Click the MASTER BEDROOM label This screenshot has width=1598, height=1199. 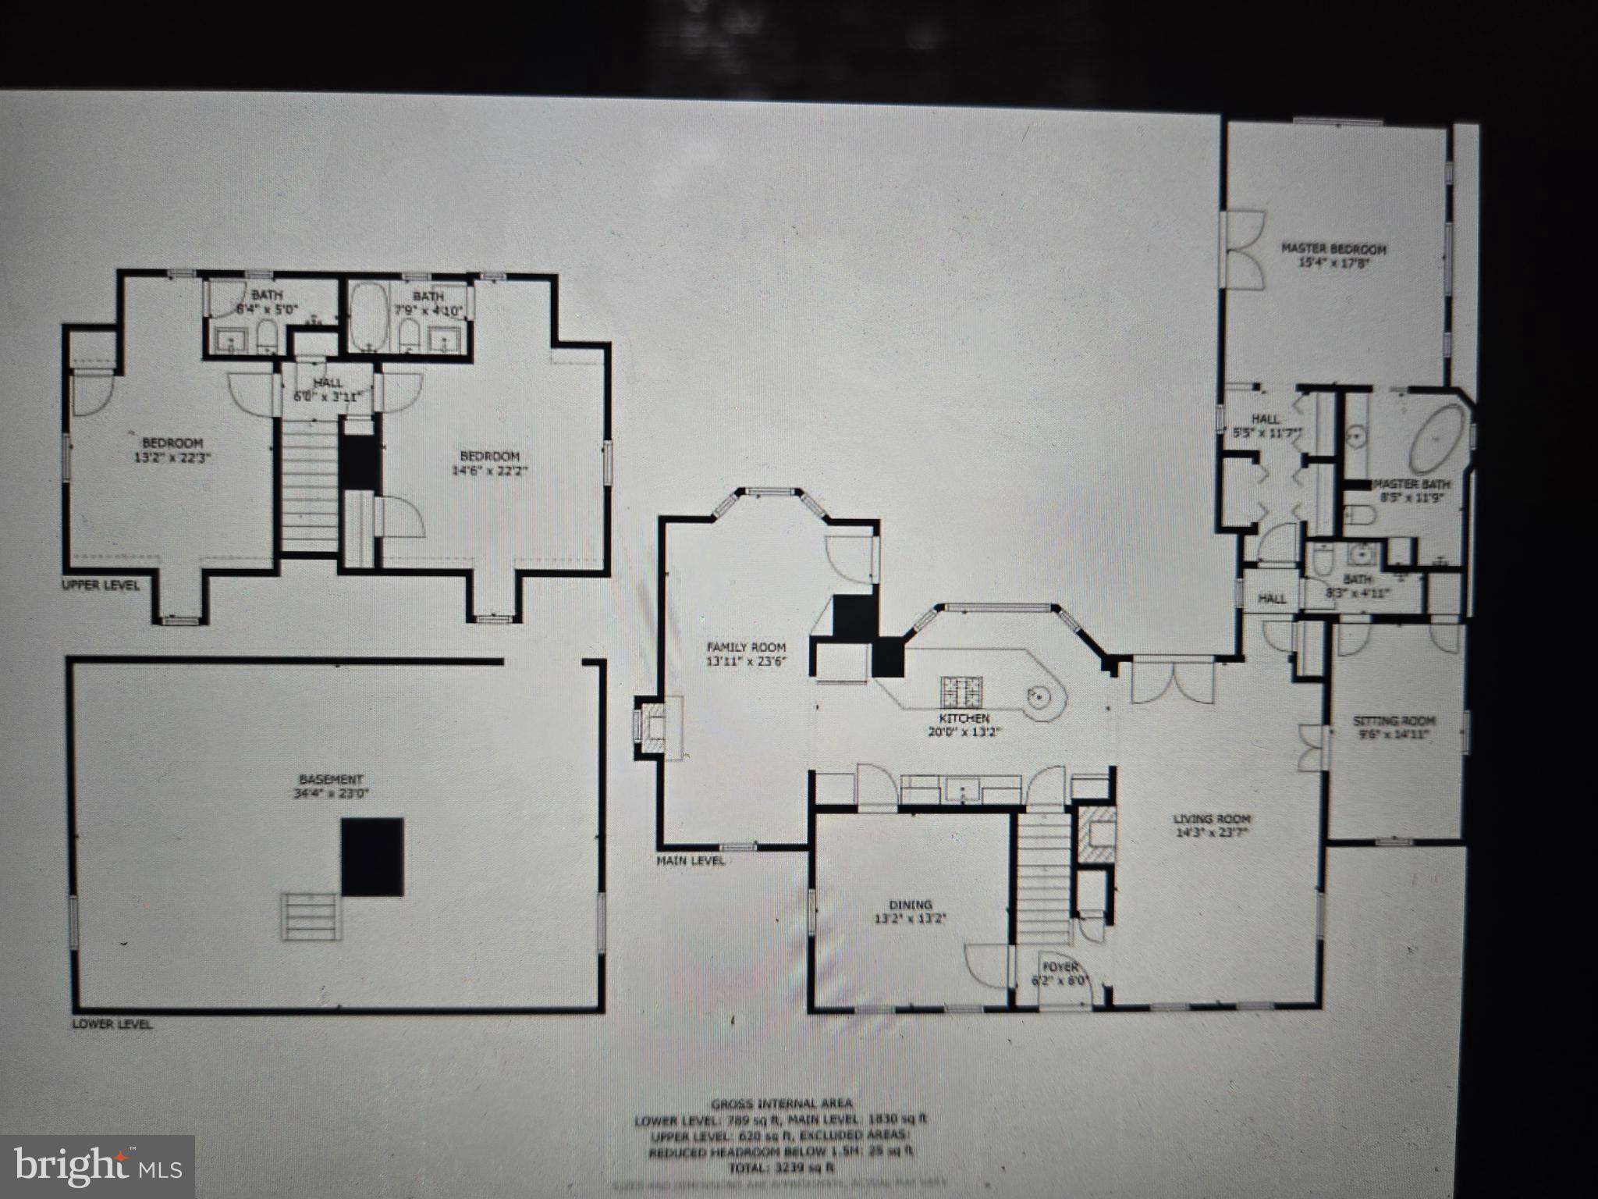point(1333,250)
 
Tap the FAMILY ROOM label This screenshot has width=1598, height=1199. point(746,647)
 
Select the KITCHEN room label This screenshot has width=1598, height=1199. point(964,718)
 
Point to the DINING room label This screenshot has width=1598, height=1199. point(910,905)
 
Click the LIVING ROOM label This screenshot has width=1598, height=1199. point(1212,819)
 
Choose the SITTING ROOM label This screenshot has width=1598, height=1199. point(1394,721)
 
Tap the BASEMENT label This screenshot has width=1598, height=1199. point(331,779)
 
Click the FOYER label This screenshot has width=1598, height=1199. point(1060,967)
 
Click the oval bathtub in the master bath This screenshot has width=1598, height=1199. point(1437,439)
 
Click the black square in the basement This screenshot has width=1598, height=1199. point(372,856)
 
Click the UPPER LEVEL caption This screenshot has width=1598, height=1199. point(101,585)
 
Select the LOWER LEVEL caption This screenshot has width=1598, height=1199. point(112,1024)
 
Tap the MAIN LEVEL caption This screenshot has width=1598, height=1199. point(691,860)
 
